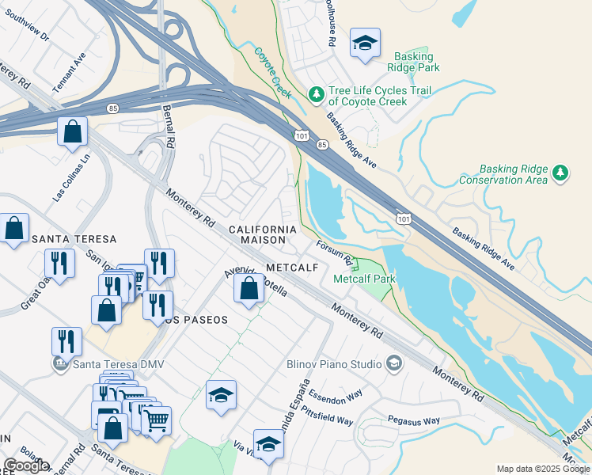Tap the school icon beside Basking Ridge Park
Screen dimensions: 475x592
click(x=365, y=44)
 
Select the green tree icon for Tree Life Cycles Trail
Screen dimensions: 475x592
click(x=317, y=95)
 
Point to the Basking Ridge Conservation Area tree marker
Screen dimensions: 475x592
click(x=560, y=173)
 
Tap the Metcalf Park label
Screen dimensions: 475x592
click(x=364, y=279)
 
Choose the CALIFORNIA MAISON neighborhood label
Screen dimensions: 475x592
click(x=262, y=234)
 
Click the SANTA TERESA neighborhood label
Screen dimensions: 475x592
click(x=74, y=238)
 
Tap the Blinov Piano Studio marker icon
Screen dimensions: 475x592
click(x=393, y=364)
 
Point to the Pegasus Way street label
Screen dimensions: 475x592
click(x=413, y=420)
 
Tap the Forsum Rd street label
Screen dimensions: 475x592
click(x=334, y=253)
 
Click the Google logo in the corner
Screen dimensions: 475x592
click(x=26, y=465)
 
